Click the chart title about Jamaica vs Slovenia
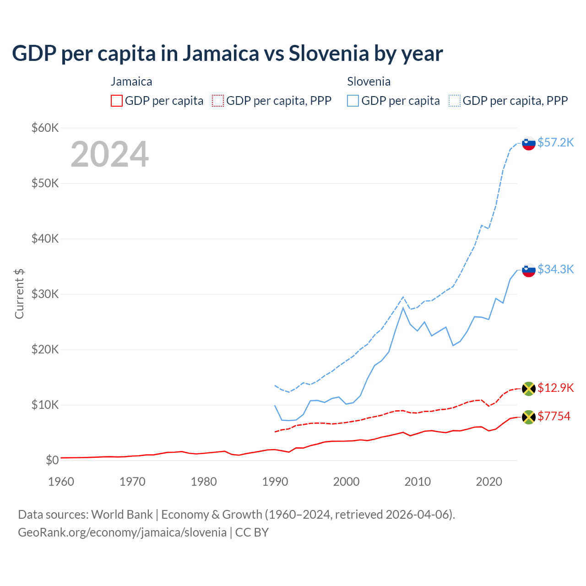[x=227, y=54]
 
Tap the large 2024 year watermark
[x=109, y=154]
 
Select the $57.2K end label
[x=555, y=142]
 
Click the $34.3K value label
[x=555, y=269]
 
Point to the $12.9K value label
[x=555, y=388]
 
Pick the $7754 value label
[x=553, y=416]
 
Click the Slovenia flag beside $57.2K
[x=529, y=143]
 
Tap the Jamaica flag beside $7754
[x=529, y=417]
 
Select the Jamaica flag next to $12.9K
[x=529, y=389]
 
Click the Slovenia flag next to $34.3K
[x=529, y=270]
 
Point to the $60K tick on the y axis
[x=45, y=128]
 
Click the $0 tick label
[x=52, y=460]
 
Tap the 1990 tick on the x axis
[x=275, y=482]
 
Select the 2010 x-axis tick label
[x=418, y=482]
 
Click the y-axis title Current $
[x=19, y=293]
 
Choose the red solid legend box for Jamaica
[x=117, y=101]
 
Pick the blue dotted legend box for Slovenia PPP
[x=455, y=101]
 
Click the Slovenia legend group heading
[x=369, y=81]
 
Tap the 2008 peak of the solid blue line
[x=403, y=308]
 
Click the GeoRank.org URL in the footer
[x=122, y=532]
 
